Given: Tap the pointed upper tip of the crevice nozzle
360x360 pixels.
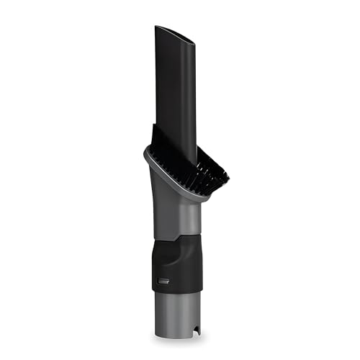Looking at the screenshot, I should click(158, 27).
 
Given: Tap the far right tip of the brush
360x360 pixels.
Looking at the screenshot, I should click(228, 175).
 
